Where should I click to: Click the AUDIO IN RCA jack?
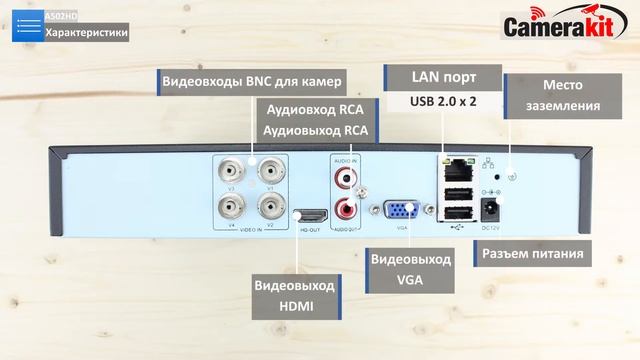coord(345,178)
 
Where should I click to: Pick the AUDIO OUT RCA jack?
coord(345,210)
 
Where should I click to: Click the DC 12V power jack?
coord(491,209)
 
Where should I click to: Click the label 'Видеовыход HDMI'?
coord(294,295)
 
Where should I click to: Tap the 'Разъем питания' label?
coord(532,253)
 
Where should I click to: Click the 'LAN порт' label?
coord(443,77)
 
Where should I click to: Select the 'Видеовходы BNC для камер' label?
coord(250,81)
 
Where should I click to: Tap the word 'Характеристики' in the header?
coord(87,33)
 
